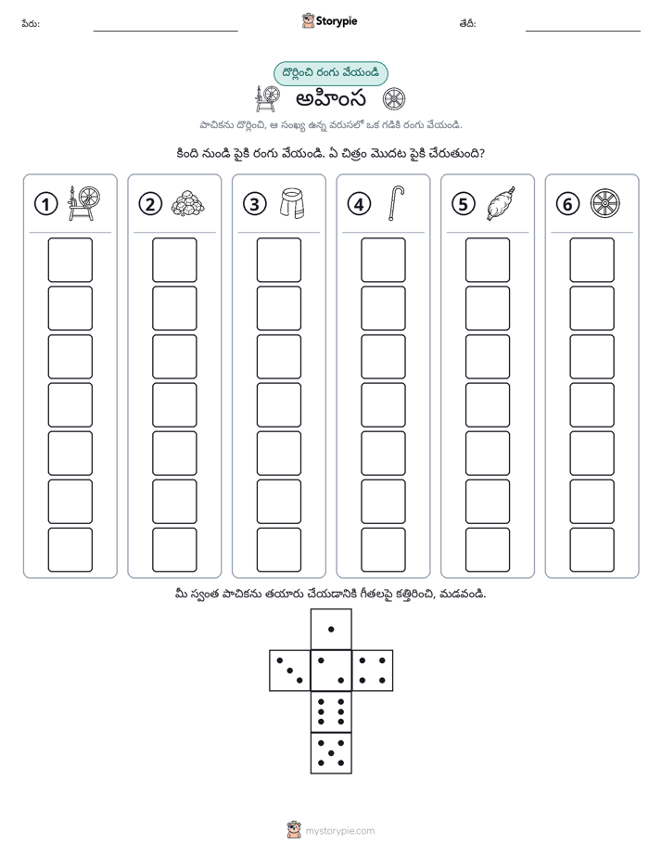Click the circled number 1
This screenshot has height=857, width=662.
click(x=45, y=204)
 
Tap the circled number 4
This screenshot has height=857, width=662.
click(x=359, y=204)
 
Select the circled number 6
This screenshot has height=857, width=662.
click(x=567, y=204)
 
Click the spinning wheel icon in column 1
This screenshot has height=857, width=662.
click(x=84, y=203)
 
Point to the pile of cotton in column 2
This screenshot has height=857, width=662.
click(x=188, y=204)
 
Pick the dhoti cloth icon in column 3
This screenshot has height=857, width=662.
click(x=292, y=203)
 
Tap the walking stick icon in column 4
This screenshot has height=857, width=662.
click(x=396, y=203)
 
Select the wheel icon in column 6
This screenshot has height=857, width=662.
click(x=605, y=203)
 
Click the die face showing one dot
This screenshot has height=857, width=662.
click(x=331, y=629)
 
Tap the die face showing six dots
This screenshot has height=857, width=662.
click(x=331, y=711)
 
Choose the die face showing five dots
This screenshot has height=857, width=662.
click(x=331, y=752)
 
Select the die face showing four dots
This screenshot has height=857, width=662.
click(x=373, y=671)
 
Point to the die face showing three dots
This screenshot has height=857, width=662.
click(x=290, y=671)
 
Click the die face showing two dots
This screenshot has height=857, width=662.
click(x=331, y=671)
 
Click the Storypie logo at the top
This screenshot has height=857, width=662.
click(x=329, y=21)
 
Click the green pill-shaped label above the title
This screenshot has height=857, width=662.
click(x=330, y=74)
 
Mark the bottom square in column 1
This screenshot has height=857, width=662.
click(x=70, y=550)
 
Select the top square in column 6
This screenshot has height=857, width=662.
click(x=592, y=260)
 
